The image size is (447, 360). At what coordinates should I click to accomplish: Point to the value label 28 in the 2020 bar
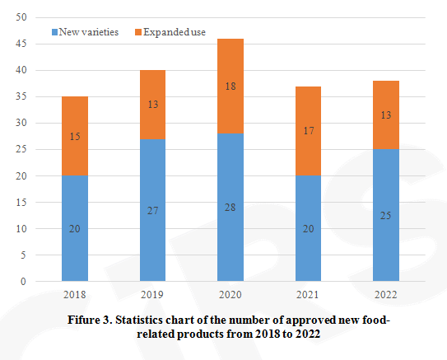[x=218, y=207]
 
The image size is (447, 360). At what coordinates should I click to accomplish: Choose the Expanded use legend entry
[x=174, y=32]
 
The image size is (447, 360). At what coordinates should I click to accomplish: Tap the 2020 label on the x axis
[x=218, y=293]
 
